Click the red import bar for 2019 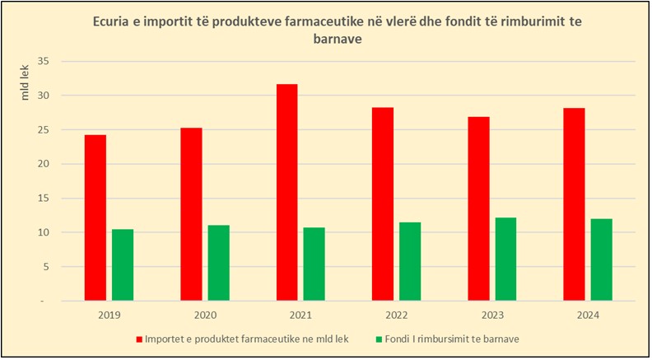click(95, 217)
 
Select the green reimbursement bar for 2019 click(123, 264)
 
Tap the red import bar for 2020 click(190, 214)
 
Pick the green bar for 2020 click(218, 263)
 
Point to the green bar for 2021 click(314, 264)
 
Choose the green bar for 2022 click(409, 261)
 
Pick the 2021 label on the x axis click(300, 316)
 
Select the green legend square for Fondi click(379, 339)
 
